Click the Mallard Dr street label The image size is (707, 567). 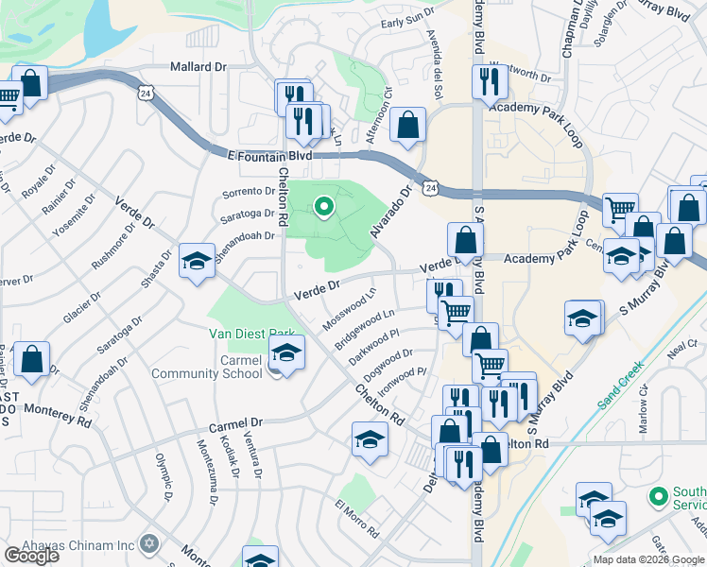[198, 67]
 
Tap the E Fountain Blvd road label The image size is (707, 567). [269, 154]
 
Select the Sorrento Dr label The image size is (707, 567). [248, 192]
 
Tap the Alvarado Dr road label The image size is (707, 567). [392, 211]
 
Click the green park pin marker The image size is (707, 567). [323, 205]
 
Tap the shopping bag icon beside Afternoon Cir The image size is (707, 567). [407, 126]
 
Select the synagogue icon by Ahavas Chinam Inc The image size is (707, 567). [147, 543]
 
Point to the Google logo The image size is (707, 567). [31, 556]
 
